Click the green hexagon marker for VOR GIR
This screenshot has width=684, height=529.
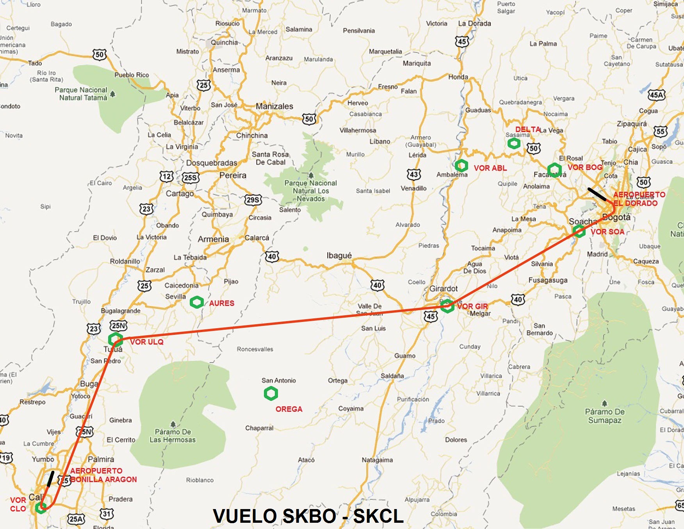pyautogui.click(x=447, y=306)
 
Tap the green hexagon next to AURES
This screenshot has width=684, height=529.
pyautogui.click(x=197, y=302)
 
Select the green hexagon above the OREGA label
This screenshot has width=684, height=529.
pyautogui.click(x=271, y=393)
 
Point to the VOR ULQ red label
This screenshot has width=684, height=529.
pyautogui.click(x=147, y=342)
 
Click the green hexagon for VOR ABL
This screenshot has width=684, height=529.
pyautogui.click(x=461, y=166)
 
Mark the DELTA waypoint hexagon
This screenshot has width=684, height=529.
pyautogui.click(x=514, y=143)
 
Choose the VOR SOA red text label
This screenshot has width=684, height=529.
pyautogui.click(x=607, y=232)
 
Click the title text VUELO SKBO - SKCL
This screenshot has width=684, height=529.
pyautogui.click(x=308, y=516)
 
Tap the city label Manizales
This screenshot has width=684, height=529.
pyautogui.click(x=274, y=106)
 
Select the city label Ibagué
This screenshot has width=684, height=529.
pyautogui.click(x=339, y=256)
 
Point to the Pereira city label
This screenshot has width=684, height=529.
pyautogui.click(x=233, y=175)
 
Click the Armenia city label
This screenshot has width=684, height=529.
pyautogui.click(x=213, y=239)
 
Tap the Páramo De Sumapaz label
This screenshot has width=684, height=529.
pyautogui.click(x=605, y=416)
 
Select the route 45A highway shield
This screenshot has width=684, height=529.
pyautogui.click(x=656, y=95)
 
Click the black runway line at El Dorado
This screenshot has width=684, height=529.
pyautogui.click(x=597, y=194)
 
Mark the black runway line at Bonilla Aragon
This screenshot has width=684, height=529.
pyautogui.click(x=50, y=479)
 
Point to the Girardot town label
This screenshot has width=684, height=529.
pyautogui.click(x=444, y=289)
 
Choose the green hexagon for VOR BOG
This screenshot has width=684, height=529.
pyautogui.click(x=554, y=170)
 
